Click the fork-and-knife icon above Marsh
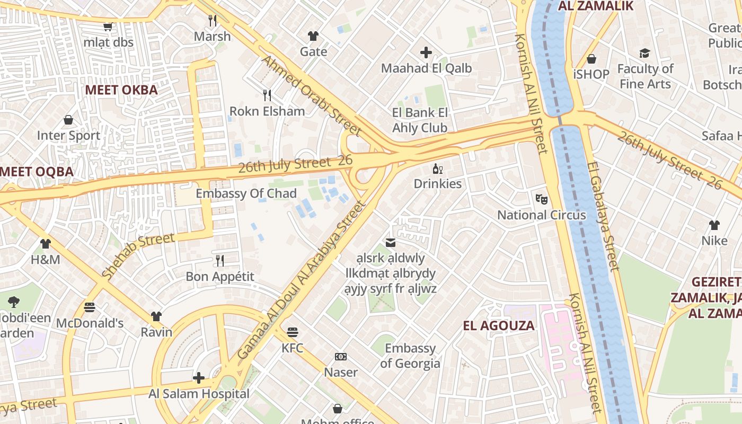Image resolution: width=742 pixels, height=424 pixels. click(x=213, y=21)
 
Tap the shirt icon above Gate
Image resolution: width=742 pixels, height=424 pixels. click(x=313, y=36)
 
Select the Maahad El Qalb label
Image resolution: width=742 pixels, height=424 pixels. click(x=426, y=68)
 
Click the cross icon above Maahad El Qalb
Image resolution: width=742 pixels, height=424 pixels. click(x=426, y=52)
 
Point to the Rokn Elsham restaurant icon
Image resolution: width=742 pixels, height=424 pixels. click(x=267, y=95)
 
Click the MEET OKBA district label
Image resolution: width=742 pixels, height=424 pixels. click(x=121, y=90)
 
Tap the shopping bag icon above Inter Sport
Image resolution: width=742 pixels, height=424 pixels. click(x=68, y=120)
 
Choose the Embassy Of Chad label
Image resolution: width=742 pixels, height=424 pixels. click(x=246, y=193)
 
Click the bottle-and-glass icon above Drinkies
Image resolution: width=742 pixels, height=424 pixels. click(x=438, y=169)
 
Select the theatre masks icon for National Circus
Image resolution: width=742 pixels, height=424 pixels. click(x=541, y=199)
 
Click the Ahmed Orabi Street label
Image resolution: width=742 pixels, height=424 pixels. click(x=312, y=95)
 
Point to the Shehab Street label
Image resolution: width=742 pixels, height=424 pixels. click(x=138, y=255)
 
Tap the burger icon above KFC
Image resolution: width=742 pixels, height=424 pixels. click(x=293, y=332)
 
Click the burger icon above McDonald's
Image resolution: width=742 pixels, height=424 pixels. click(x=90, y=307)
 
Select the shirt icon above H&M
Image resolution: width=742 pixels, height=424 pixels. click(x=46, y=244)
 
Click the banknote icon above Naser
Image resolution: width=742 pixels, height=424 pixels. click(x=341, y=357)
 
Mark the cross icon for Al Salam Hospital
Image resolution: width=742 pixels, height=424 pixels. click(x=199, y=378)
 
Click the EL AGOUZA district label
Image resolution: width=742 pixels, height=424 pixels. click(x=499, y=325)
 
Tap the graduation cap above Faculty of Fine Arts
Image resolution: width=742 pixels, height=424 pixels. click(x=644, y=53)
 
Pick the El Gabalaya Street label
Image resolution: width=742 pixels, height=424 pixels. click(x=603, y=216)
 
